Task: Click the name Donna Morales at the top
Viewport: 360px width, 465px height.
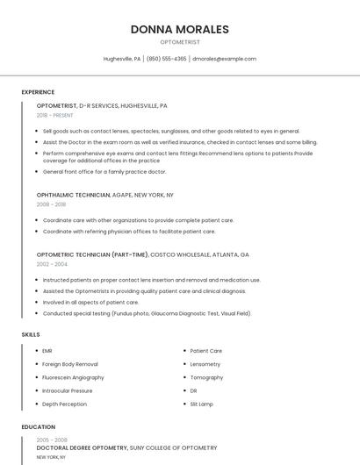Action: click(x=179, y=29)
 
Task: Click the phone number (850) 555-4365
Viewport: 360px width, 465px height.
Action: click(x=166, y=59)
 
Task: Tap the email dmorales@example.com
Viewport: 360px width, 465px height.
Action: click(x=224, y=59)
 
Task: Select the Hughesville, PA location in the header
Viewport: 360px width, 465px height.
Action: click(x=121, y=59)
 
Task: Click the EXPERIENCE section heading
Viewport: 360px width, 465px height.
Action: click(x=38, y=92)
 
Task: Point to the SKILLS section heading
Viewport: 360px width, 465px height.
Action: click(x=30, y=334)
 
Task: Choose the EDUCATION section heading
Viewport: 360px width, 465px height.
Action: click(x=38, y=427)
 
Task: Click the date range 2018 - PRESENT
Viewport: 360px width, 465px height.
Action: click(x=55, y=115)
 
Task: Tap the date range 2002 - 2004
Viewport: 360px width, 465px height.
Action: click(x=52, y=263)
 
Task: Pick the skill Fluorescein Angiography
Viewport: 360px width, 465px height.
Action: click(x=73, y=377)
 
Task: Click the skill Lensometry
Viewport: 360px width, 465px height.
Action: click(x=205, y=364)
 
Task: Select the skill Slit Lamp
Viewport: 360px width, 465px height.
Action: click(x=203, y=404)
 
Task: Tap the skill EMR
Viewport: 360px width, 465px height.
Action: click(x=47, y=351)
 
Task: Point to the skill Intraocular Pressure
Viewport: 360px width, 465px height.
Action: click(x=68, y=390)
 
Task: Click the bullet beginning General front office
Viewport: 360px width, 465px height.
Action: click(x=104, y=172)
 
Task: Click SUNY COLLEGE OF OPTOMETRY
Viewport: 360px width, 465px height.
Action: click(x=176, y=447)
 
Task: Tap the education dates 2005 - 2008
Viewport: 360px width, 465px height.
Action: click(x=52, y=440)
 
